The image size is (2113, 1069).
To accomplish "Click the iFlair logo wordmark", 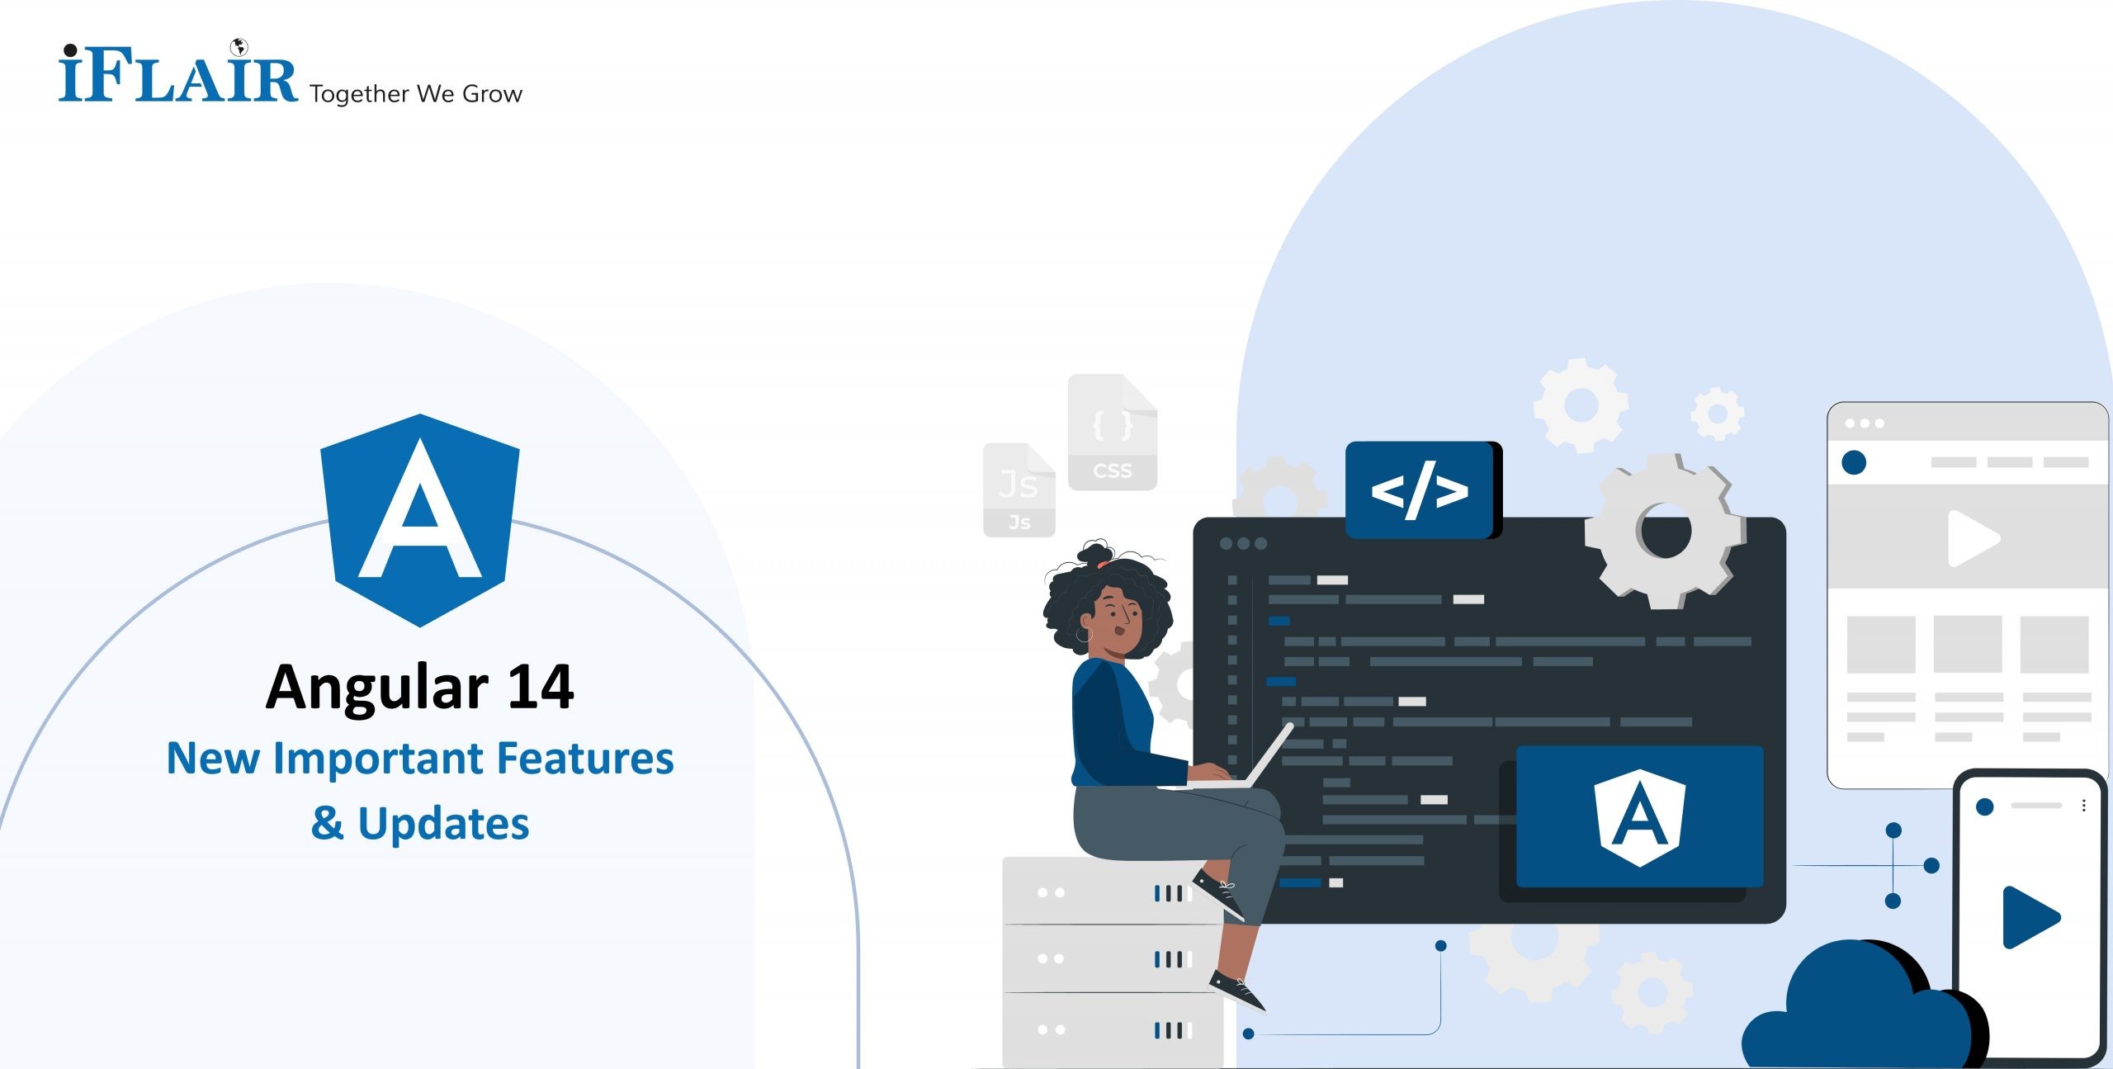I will point(177,76).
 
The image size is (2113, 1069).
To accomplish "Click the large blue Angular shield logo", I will point(420,519).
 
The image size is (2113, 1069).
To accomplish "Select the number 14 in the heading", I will point(541,687).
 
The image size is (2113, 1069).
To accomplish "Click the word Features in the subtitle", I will point(585,759).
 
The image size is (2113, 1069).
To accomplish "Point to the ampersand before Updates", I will point(327,823).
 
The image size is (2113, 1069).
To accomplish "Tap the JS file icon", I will point(1019,490).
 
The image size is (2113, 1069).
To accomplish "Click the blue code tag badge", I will point(1420,490).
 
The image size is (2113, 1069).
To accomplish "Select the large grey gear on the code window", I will point(1666,531).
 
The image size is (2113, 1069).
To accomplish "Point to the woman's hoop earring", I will point(1083,635).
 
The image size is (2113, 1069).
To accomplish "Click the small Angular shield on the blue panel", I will point(1640,816).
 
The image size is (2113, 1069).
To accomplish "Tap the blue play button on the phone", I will point(2030,917).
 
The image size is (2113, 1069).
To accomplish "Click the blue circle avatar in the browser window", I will point(1854,462).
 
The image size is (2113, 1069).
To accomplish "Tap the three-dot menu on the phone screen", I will point(2084,806).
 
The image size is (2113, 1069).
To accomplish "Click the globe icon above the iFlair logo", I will point(239,46).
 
